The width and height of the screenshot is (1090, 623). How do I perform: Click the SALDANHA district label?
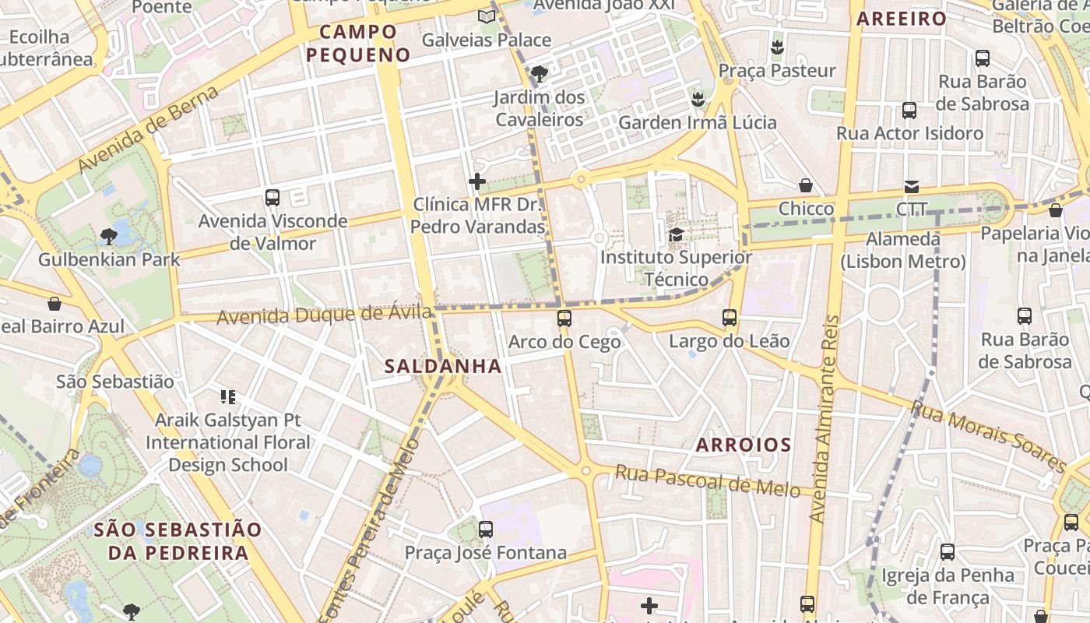pyautogui.click(x=443, y=366)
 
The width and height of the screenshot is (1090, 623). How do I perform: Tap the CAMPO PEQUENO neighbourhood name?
pyautogui.click(x=358, y=44)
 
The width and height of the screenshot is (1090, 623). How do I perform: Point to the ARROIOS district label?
pyautogui.click(x=743, y=445)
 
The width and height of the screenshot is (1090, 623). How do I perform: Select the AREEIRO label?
pyautogui.click(x=902, y=19)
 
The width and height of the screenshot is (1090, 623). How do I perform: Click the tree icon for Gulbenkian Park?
pyautogui.click(x=109, y=236)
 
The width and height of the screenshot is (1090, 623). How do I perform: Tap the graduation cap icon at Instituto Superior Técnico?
pyautogui.click(x=676, y=234)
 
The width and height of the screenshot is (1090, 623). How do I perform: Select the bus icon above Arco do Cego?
pyautogui.click(x=564, y=319)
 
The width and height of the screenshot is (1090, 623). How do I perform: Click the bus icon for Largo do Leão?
pyautogui.click(x=730, y=318)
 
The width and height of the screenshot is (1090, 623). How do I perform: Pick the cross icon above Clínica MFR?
pyautogui.click(x=477, y=181)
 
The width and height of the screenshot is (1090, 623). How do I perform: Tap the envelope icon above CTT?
pyautogui.click(x=912, y=187)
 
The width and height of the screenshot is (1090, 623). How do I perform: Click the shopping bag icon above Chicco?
pyautogui.click(x=806, y=185)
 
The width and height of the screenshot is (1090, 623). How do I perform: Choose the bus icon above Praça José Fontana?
pyautogui.click(x=486, y=530)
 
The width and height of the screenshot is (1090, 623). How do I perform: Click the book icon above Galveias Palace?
pyautogui.click(x=487, y=16)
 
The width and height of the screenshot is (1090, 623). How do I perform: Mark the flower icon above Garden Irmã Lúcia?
pyautogui.click(x=698, y=99)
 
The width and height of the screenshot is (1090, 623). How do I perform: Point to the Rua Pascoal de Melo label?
pyautogui.click(x=707, y=480)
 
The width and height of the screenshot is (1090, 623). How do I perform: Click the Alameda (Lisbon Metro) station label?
pyautogui.click(x=903, y=250)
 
